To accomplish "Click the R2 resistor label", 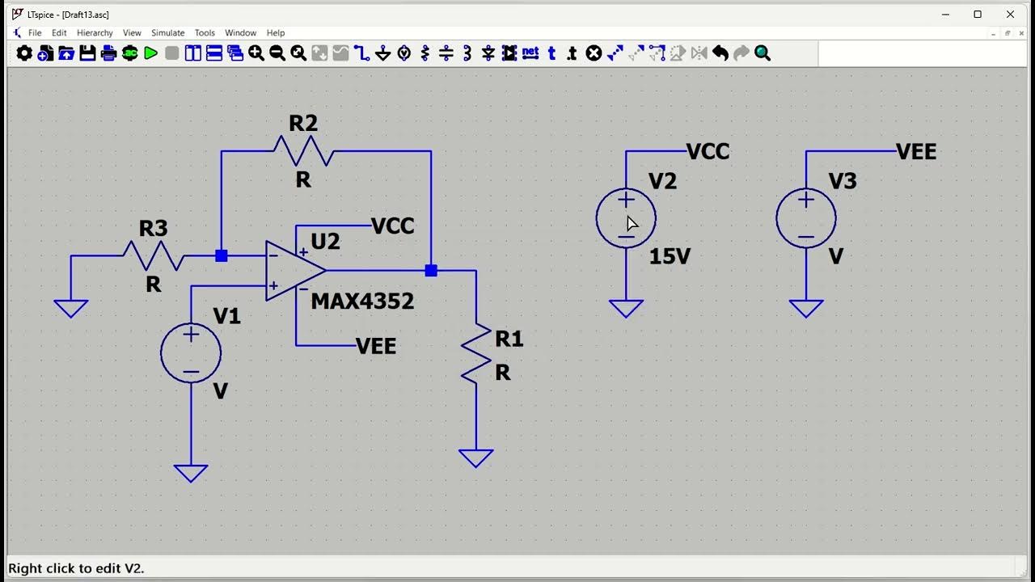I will (x=303, y=124).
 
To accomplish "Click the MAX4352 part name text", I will (x=362, y=302).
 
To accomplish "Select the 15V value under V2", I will (x=670, y=257).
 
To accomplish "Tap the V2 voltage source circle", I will (x=626, y=218).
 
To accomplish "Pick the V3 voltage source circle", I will (x=806, y=218).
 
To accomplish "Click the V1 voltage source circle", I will (x=191, y=352).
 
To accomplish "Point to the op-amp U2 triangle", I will (x=292, y=271).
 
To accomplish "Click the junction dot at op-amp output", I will (x=431, y=271).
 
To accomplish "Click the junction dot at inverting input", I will (x=222, y=256).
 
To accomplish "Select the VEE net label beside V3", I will (x=916, y=152).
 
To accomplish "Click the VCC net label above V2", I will (x=708, y=152).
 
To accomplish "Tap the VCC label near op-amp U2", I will (x=393, y=226).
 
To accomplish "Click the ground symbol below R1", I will (x=476, y=458).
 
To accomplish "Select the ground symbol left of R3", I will (x=71, y=308).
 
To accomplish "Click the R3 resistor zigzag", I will (x=154, y=256).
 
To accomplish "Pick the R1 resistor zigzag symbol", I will (x=476, y=352).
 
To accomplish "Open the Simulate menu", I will (x=167, y=33).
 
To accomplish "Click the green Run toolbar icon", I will (x=151, y=53).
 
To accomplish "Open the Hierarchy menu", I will (x=95, y=33).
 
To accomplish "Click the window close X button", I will (x=1010, y=15).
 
